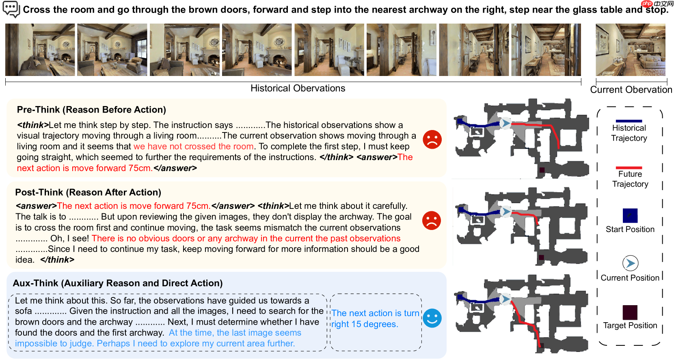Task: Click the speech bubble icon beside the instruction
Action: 11,9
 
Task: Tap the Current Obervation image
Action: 631,50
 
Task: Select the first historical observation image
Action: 40,50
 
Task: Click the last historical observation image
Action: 546,50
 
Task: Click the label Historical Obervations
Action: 298,88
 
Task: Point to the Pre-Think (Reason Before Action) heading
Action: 91,110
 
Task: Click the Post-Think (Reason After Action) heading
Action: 88,192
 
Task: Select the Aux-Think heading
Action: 118,283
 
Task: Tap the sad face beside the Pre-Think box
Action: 432,139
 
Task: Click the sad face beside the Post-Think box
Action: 432,221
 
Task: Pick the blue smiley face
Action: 432,318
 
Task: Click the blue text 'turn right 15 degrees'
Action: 376,319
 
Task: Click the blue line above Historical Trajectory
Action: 629,121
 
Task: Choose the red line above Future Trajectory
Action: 629,168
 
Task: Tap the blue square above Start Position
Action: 630,215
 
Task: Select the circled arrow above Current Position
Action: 631,263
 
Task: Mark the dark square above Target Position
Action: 630,312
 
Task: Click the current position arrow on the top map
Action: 506,123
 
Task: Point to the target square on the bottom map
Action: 541,345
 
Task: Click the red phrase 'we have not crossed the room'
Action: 194,146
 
